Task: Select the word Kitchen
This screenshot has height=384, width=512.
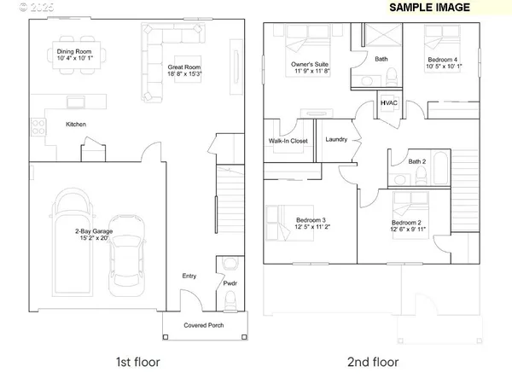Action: point(78,125)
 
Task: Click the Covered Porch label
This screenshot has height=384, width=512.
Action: point(206,325)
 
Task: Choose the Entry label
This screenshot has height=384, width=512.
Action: point(189,276)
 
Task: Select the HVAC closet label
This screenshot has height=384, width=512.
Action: point(388,104)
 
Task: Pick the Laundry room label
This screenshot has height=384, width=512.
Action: point(336,140)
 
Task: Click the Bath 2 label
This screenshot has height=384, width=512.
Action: point(416,161)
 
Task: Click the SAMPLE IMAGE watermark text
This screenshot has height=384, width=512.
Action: point(430,8)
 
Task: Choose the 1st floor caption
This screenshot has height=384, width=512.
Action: point(137,362)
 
